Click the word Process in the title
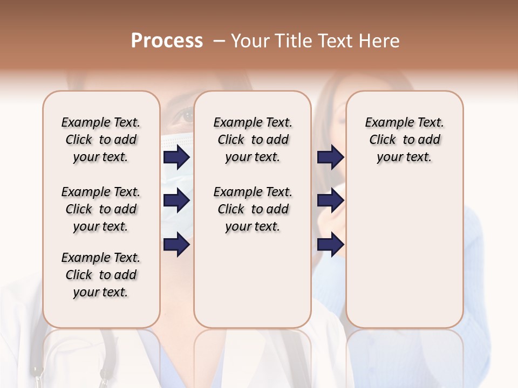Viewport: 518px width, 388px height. tap(167, 41)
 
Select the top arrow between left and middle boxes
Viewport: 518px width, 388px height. tap(176, 157)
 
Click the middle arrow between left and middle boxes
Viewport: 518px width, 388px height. tap(176, 201)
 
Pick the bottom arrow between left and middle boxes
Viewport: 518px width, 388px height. tap(176, 245)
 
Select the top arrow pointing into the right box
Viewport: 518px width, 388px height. tap(330, 157)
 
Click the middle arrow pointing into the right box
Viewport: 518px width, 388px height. tap(330, 201)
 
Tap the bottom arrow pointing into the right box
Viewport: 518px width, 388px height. tap(330, 245)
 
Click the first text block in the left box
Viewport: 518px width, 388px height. tap(101, 140)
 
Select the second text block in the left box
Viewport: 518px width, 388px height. tap(101, 209)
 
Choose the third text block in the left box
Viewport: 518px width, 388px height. tap(101, 275)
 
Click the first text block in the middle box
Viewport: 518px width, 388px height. tap(253, 140)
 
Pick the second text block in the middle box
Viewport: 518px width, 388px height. tap(253, 209)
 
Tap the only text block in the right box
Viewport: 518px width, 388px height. tap(404, 140)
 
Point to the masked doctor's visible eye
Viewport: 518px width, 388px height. tap(187, 115)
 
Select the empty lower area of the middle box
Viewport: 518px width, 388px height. tap(253, 280)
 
